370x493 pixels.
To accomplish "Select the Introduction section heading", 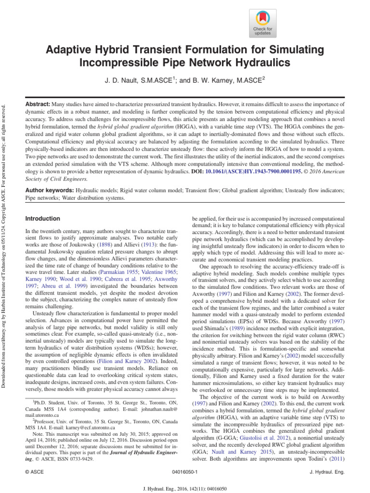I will click(x=42, y=219).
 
